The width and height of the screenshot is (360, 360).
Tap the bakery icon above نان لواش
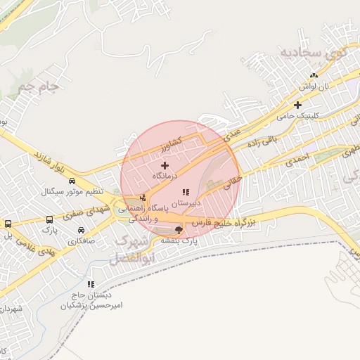[x=314, y=75]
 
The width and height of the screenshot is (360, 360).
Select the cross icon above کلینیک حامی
[x=298, y=105]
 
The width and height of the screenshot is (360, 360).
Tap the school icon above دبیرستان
[x=186, y=192]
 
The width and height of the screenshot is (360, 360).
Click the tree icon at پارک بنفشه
[x=179, y=229]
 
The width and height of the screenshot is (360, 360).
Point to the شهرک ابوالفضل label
[x=134, y=250]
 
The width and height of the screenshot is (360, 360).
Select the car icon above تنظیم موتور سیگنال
[x=72, y=181]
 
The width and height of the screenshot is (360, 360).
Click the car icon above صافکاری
[x=82, y=231]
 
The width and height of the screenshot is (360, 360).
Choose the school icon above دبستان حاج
[x=91, y=284]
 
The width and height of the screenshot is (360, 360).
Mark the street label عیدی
[x=232, y=135]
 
